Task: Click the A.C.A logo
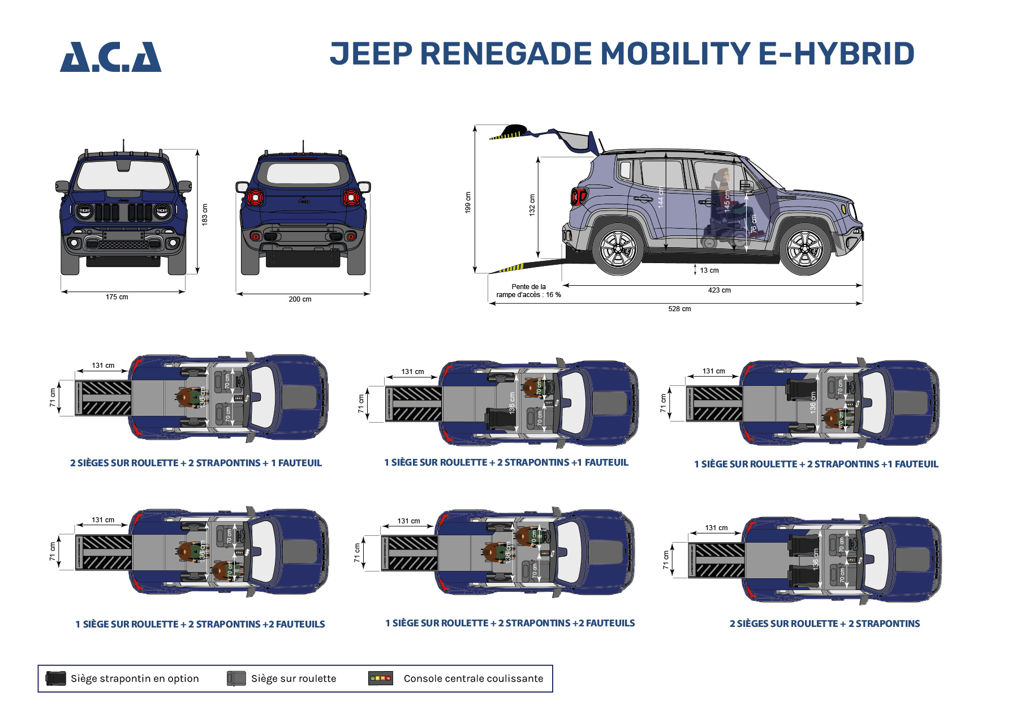[111, 57]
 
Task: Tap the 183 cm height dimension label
[205, 214]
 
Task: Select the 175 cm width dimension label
[117, 297]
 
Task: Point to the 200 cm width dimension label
[300, 299]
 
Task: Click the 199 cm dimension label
[468, 203]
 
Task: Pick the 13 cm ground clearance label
[709, 270]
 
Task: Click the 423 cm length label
[719, 290]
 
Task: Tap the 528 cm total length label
[679, 309]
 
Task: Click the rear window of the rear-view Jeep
[303, 173]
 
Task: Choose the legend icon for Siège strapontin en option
[56, 678]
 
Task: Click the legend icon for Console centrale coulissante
[381, 678]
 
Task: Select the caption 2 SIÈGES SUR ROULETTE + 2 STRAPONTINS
[824, 624]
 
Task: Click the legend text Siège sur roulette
[294, 678]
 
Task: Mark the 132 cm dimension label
[532, 205]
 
